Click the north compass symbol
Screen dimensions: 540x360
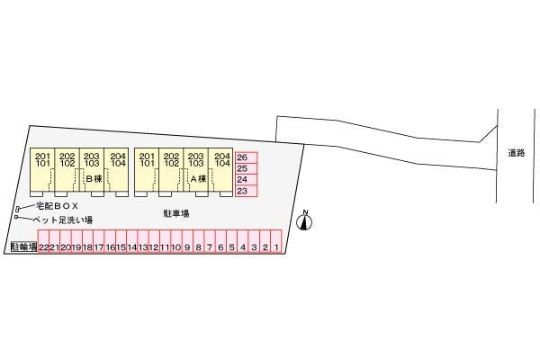point(304,220)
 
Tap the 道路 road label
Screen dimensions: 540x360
point(517,153)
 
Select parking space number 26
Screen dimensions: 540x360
point(247,157)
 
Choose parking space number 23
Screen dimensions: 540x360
point(247,191)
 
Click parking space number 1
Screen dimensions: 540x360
point(276,241)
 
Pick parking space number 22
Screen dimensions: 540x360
point(43,241)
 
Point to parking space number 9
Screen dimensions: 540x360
point(187,241)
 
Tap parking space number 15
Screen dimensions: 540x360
point(121,241)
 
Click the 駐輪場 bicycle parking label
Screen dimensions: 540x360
point(23,247)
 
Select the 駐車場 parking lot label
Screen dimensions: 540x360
point(176,213)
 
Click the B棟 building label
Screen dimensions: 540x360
point(94,179)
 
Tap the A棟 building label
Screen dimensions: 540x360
point(198,179)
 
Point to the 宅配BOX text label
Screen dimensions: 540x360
point(58,206)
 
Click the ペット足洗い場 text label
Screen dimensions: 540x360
point(62,220)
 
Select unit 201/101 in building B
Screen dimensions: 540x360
point(42,170)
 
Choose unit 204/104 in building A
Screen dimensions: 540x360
point(220,170)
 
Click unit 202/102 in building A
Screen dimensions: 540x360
point(172,170)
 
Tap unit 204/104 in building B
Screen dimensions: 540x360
point(116,170)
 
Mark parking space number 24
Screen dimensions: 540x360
point(247,180)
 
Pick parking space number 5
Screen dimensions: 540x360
point(232,241)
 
